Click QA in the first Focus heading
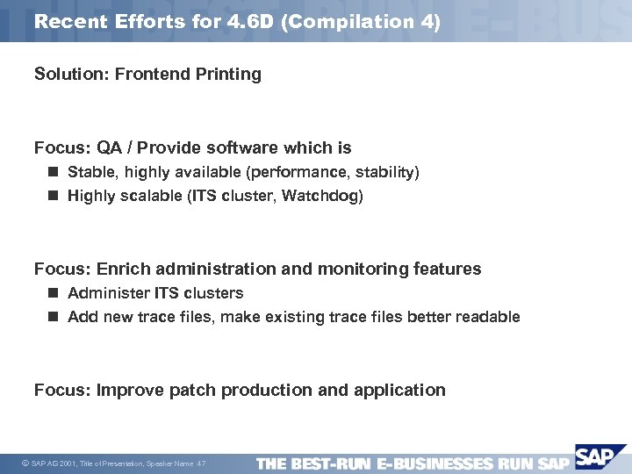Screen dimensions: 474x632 [111, 147]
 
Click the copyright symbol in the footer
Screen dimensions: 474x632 [24, 463]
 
